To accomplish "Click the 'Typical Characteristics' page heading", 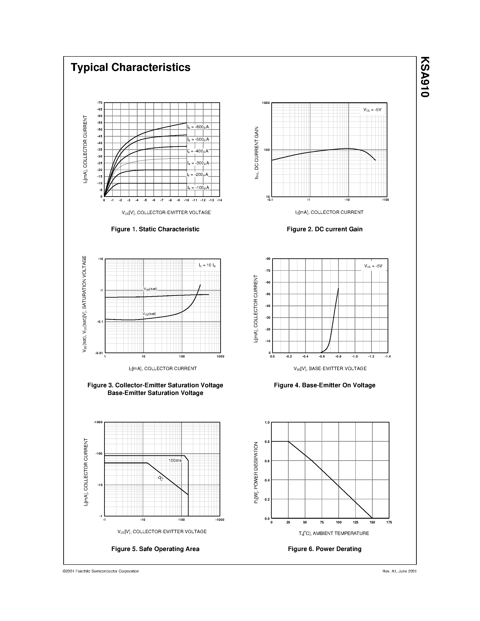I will click(x=131, y=67).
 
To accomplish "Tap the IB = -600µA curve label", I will click(x=198, y=127).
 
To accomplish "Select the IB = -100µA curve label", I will click(x=198, y=188).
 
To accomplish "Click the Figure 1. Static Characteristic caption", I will click(x=155, y=229).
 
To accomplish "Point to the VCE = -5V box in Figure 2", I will click(x=372, y=110).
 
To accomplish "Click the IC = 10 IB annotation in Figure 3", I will click(x=207, y=265).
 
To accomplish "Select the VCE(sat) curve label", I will click(x=149, y=314).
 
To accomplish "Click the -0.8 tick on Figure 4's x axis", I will click(x=338, y=356).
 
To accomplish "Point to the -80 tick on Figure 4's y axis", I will click(x=268, y=259).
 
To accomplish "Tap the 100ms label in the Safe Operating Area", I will click(x=175, y=460).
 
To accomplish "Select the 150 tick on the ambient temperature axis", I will click(x=372, y=522).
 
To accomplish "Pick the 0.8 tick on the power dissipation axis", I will click(x=267, y=441).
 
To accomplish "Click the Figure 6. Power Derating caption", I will click(x=324, y=549).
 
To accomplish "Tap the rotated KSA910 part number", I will click(x=425, y=77).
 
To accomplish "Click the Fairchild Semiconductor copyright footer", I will click(x=101, y=571).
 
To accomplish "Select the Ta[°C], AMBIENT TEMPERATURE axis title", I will click(x=334, y=533).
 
